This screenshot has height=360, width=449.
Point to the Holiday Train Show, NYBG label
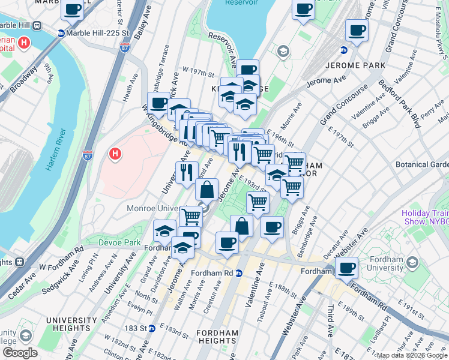[425, 217]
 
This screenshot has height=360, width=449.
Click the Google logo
[20, 353]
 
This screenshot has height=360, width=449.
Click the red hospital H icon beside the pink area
[115, 155]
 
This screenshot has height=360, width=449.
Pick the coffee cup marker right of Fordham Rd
[346, 268]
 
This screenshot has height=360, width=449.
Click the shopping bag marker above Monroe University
[206, 190]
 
